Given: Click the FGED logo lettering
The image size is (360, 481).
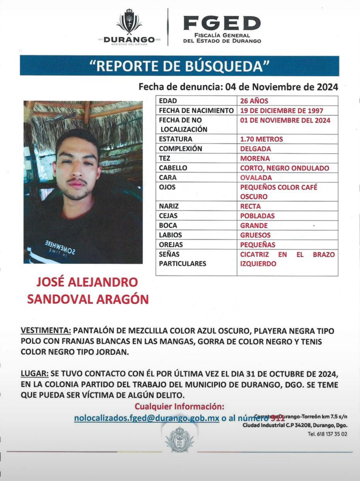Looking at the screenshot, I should click(222, 23).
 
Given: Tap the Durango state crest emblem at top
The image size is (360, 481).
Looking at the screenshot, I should click(129, 22).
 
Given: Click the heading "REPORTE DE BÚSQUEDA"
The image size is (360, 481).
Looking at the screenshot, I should click(179, 66).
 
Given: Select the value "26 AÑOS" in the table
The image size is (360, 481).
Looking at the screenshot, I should click(254, 101).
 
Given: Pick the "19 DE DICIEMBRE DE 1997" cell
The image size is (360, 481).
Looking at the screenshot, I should click(281, 110).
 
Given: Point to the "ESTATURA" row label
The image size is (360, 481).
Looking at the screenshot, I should click(175, 139).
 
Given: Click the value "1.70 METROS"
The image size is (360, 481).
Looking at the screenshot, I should click(261, 139).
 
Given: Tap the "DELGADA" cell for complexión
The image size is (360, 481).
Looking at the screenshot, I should click(255, 149).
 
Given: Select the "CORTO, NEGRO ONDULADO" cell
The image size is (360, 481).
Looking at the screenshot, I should click(284, 168).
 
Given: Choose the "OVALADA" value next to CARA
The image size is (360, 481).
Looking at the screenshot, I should click(256, 178).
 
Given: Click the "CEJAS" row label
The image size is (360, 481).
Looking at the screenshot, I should click(168, 216).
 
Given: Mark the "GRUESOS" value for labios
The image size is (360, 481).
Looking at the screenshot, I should click(255, 235).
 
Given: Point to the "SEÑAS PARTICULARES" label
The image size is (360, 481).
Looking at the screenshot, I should click(182, 259).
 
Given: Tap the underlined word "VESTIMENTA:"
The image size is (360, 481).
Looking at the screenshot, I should click(46, 331).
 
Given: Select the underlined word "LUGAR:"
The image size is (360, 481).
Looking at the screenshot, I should click(34, 374).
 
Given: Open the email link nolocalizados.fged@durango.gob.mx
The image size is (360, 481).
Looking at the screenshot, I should click(146, 418).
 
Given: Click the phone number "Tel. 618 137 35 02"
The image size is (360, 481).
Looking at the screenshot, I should click(327, 434).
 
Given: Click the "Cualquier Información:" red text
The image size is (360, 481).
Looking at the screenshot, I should click(179, 407).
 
